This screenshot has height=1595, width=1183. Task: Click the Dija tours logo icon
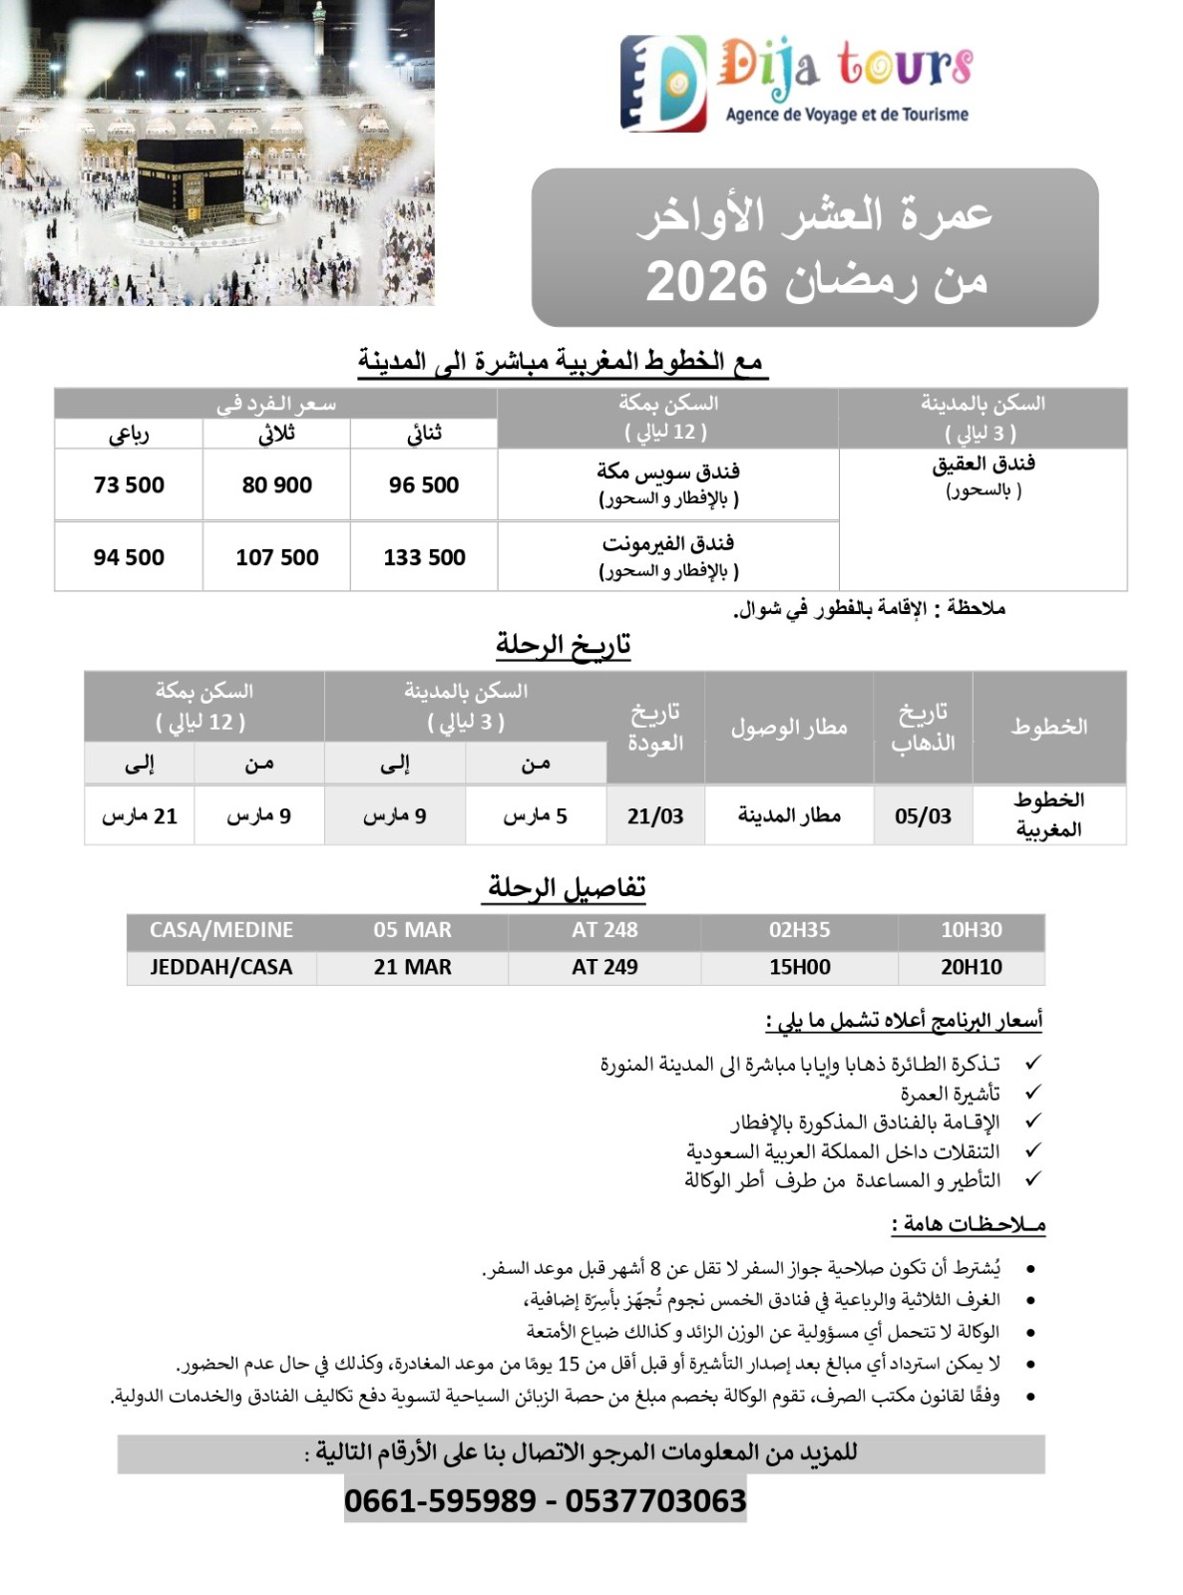click(x=662, y=83)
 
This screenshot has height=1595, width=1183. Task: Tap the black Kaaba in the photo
click(x=190, y=184)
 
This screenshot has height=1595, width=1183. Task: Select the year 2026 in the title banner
click(x=706, y=282)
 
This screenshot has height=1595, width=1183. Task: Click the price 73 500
click(x=129, y=485)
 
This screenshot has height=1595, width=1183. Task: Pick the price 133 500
click(x=424, y=557)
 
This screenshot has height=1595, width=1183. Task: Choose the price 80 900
click(x=276, y=485)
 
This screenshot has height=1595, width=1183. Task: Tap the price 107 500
click(x=276, y=557)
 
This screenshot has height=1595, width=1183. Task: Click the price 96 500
click(x=424, y=485)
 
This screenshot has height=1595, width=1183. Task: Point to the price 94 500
click(x=129, y=557)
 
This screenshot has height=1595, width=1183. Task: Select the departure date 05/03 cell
click(x=923, y=816)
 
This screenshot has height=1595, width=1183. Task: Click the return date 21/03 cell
click(x=655, y=816)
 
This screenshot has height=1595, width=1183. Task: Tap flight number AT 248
click(x=604, y=930)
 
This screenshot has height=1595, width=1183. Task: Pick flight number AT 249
click(x=604, y=967)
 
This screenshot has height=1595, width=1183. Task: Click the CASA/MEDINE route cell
click(x=220, y=930)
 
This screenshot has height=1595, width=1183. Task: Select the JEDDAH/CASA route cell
click(x=220, y=967)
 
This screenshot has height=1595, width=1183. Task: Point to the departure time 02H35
click(x=799, y=930)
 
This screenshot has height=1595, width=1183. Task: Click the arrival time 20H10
click(x=971, y=967)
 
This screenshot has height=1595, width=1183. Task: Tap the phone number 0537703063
click(x=655, y=1500)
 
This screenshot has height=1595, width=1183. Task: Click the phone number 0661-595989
click(x=440, y=1500)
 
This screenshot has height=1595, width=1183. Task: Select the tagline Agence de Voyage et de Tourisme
click(x=847, y=115)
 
